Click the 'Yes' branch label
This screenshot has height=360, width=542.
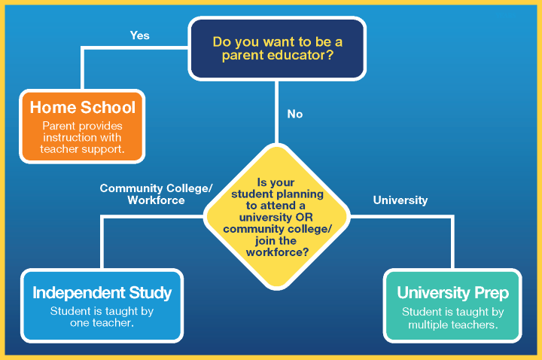click(x=139, y=35)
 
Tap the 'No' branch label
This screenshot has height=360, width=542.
click(x=295, y=114)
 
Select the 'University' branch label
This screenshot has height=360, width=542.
click(x=400, y=200)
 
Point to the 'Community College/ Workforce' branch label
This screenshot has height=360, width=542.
click(x=157, y=194)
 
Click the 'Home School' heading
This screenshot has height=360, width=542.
click(x=83, y=107)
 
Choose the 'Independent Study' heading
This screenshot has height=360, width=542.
click(x=102, y=292)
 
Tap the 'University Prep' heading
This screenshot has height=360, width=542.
click(x=453, y=292)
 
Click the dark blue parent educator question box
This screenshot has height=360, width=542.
click(x=277, y=48)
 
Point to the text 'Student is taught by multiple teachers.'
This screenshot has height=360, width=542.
click(x=453, y=319)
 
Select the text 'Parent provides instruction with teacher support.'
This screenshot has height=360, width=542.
click(x=83, y=138)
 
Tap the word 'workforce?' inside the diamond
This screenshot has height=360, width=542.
click(x=277, y=252)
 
